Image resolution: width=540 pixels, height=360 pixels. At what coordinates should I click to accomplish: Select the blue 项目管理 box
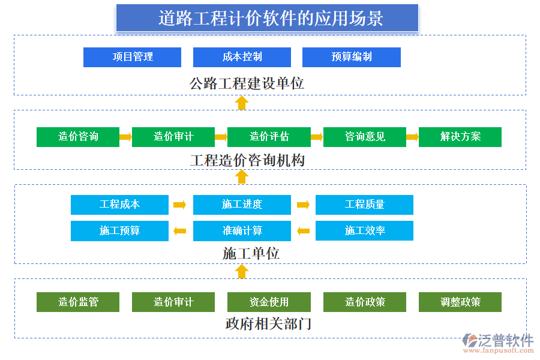point(132,57)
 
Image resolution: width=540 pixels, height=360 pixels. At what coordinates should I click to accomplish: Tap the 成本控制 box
point(242,57)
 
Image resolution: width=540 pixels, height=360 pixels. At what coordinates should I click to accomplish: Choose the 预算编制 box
point(351,57)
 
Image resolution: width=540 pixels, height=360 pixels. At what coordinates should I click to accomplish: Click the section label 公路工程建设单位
point(247,83)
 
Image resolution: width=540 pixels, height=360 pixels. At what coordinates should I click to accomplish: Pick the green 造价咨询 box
point(78,137)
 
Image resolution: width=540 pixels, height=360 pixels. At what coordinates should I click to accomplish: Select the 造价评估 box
point(269,137)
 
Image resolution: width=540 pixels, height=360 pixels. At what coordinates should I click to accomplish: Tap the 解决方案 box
point(460,137)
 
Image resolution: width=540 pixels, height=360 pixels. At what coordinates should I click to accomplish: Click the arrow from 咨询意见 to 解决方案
point(412,137)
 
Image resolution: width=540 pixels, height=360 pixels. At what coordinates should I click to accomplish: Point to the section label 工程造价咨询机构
point(247,160)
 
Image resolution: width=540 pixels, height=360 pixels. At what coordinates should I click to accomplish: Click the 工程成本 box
point(119,205)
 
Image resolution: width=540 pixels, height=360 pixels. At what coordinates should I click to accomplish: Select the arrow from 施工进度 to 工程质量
point(303,205)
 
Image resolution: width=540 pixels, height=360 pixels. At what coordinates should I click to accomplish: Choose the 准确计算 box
point(242,231)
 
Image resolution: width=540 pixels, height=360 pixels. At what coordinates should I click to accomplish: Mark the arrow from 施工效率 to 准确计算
point(303,231)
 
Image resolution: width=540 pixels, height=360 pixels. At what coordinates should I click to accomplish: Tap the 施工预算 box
point(119,231)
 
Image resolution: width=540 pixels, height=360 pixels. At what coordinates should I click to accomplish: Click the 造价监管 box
point(78,302)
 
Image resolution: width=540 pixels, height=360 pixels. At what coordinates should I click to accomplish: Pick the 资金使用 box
point(269,302)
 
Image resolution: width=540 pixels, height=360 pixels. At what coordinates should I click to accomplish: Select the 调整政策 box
point(460,302)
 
